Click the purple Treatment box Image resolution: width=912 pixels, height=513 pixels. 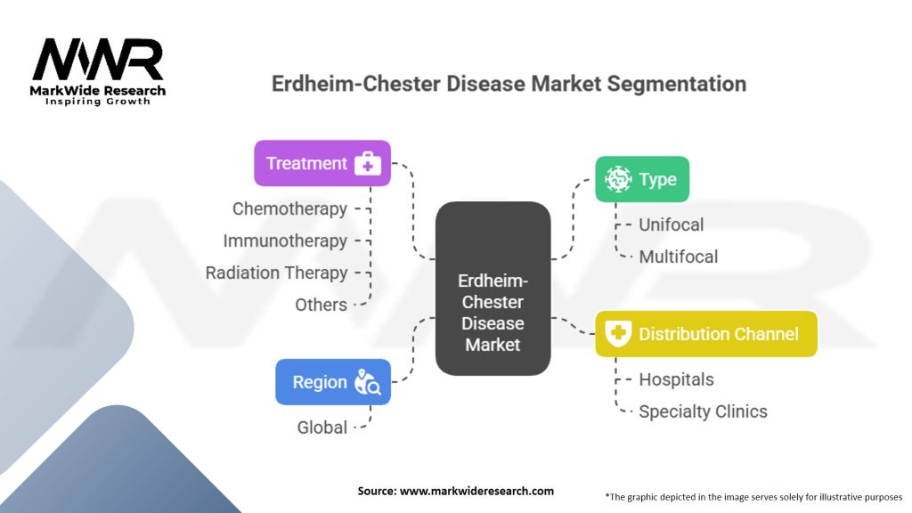tap(322, 164)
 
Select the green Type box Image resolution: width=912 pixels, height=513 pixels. tap(642, 179)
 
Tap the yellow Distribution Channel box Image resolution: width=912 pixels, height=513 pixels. tap(706, 334)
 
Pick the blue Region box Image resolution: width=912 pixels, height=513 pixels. tap(333, 382)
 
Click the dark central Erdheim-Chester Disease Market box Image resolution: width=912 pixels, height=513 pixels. tap(493, 289)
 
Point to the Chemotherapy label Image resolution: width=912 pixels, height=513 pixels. tap(289, 208)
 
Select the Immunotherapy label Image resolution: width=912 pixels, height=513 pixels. tap(285, 240)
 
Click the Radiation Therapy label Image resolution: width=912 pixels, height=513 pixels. tap(276, 273)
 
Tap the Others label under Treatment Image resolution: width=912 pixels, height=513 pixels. tap(321, 305)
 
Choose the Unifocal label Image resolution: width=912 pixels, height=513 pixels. tap(672, 224)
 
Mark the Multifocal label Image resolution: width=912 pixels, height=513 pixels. tap(678, 256)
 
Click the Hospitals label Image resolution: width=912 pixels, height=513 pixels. tap(677, 379)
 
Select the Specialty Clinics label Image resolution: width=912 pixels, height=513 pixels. tap(704, 411)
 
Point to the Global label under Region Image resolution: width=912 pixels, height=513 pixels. tap(322, 427)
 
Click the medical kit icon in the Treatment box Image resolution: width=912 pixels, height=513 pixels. tap(368, 164)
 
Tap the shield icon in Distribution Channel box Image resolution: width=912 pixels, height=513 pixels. tap(618, 333)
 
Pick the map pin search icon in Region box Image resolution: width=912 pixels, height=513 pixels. tap(368, 382)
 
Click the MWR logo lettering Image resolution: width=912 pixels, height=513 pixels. tap(98, 60)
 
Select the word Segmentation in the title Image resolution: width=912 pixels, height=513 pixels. tap(677, 84)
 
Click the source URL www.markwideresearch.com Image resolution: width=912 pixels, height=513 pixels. tap(477, 491)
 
